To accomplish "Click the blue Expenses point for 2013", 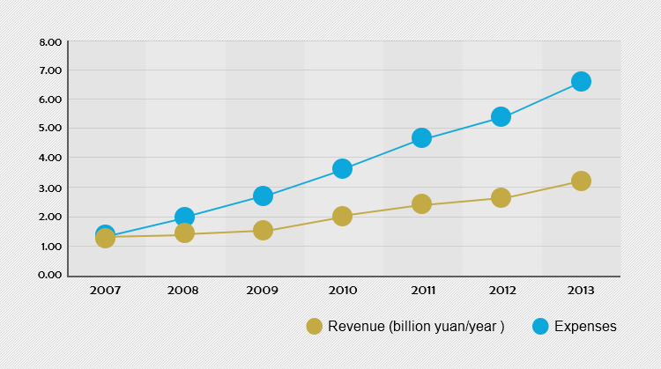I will pyautogui.click(x=581, y=81).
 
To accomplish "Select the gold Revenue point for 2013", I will pyautogui.click(x=581, y=181).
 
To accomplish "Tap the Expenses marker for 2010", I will pyautogui.click(x=342, y=168).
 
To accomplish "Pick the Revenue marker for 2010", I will pyautogui.click(x=342, y=216).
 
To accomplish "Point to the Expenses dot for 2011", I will pyautogui.click(x=421, y=137).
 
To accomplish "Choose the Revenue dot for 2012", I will pyautogui.click(x=501, y=197).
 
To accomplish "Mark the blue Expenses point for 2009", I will pyautogui.click(x=263, y=196).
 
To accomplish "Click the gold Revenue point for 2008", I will pyautogui.click(x=184, y=232).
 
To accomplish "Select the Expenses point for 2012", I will pyautogui.click(x=501, y=116).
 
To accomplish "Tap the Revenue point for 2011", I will pyautogui.click(x=421, y=203).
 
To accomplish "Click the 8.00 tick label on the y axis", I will pyautogui.click(x=50, y=42).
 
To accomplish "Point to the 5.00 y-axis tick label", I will pyautogui.click(x=50, y=129).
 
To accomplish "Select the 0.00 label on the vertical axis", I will pyautogui.click(x=50, y=275).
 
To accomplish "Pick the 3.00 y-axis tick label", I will pyautogui.click(x=50, y=188).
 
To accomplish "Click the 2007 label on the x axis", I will pyautogui.click(x=105, y=289).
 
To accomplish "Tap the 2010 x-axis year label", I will pyautogui.click(x=342, y=289).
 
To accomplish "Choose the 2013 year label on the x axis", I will pyautogui.click(x=581, y=289).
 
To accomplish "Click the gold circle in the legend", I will pyautogui.click(x=314, y=327).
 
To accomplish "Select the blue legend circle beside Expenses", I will pyautogui.click(x=541, y=327).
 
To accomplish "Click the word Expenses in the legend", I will pyautogui.click(x=585, y=327).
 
